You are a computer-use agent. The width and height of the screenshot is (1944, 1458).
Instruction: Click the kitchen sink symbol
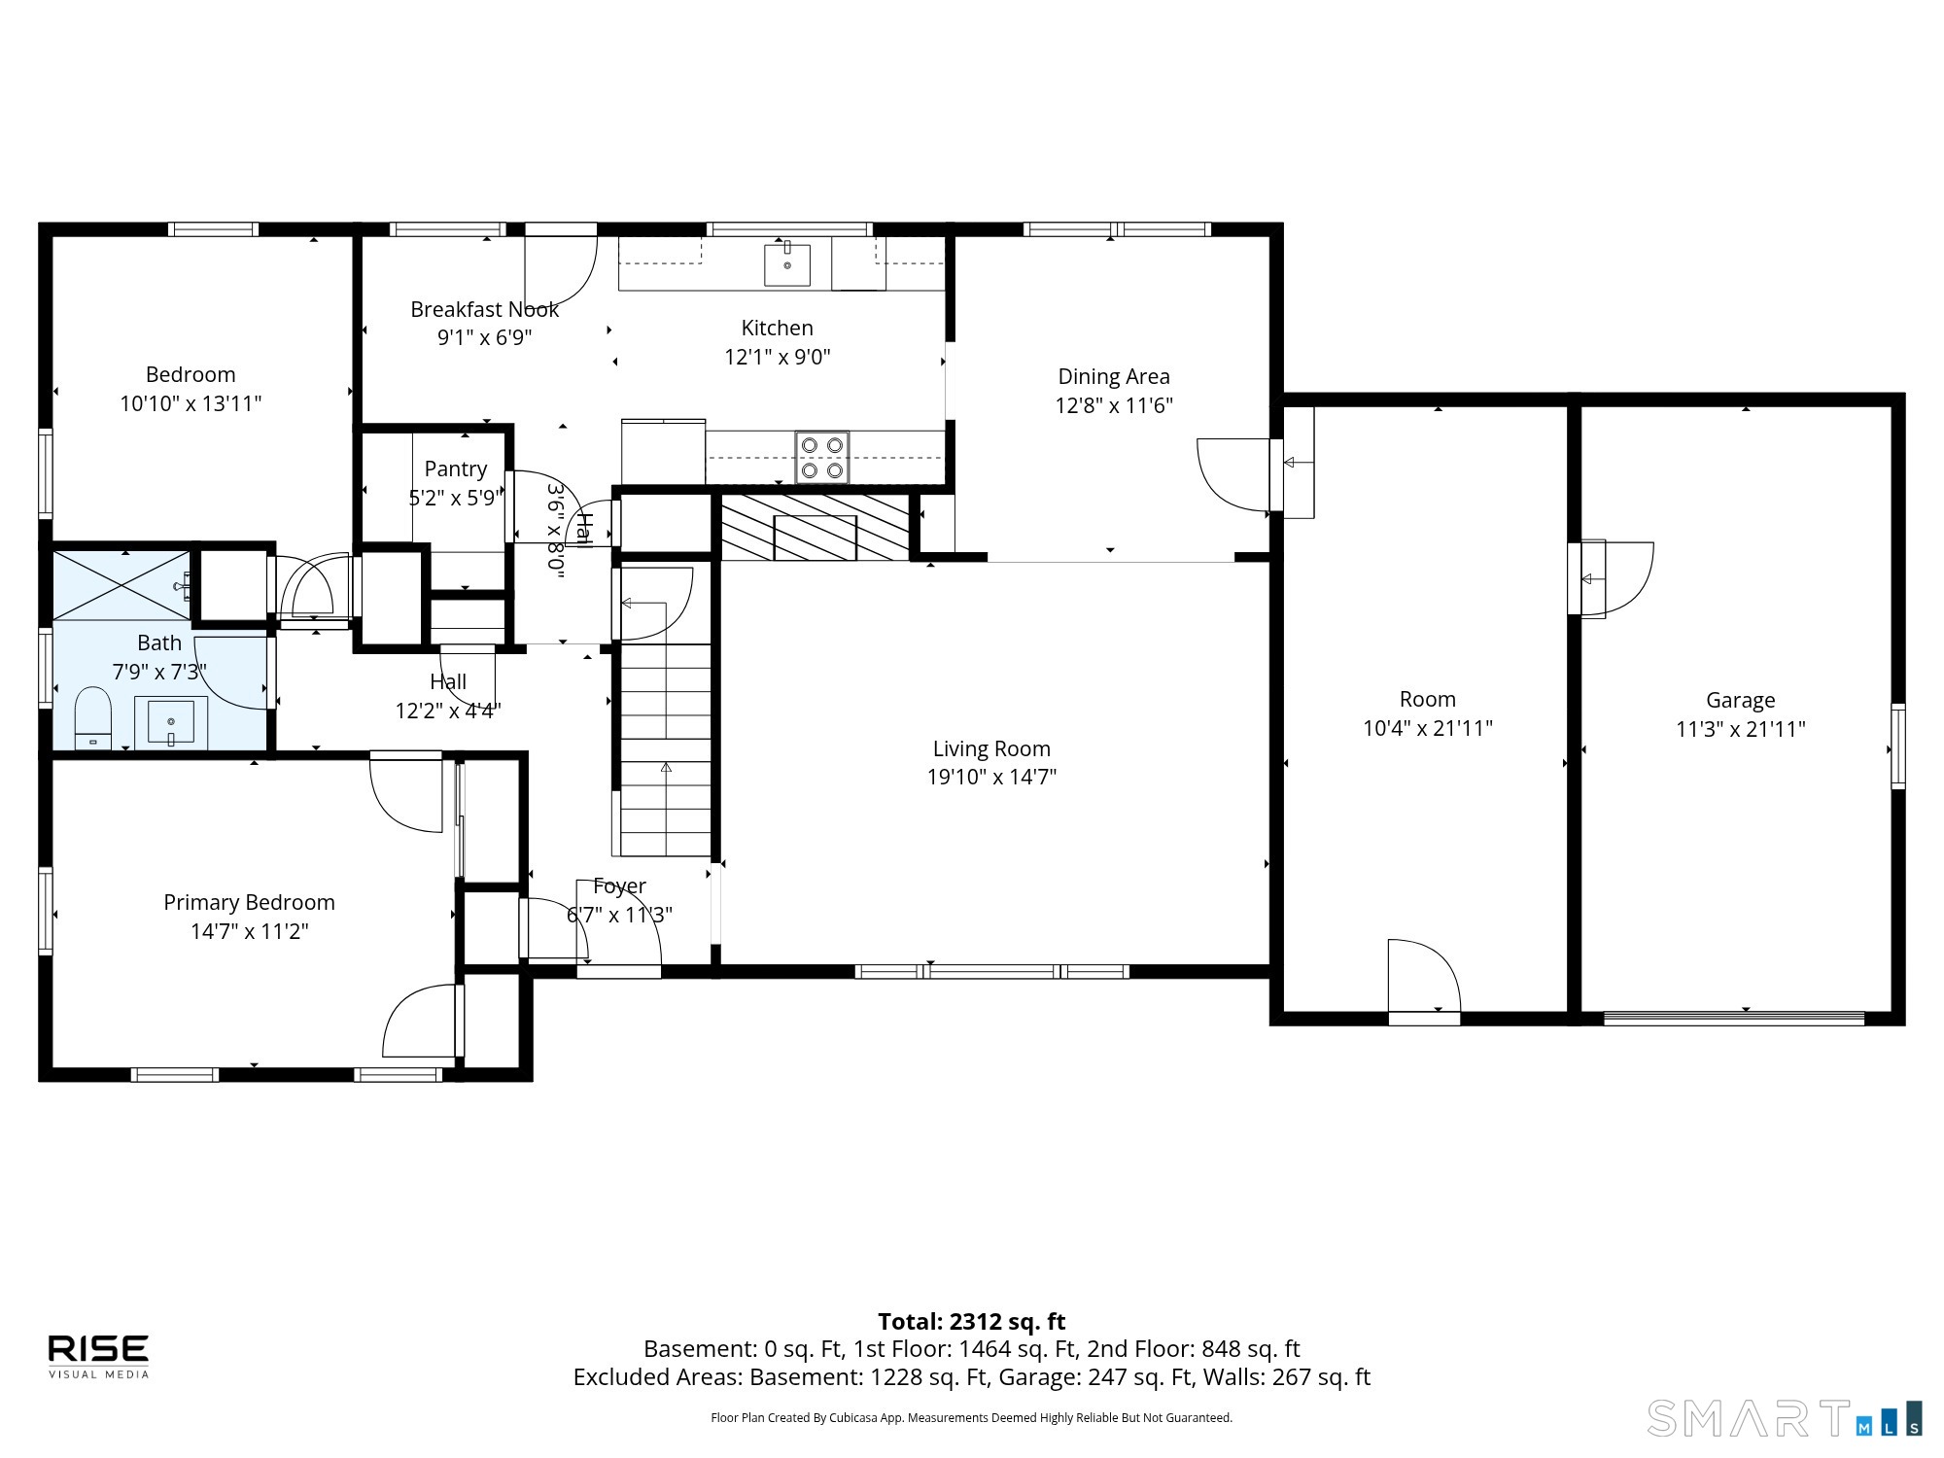[x=787, y=264]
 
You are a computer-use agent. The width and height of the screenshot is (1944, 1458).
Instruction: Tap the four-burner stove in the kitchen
[x=821, y=457]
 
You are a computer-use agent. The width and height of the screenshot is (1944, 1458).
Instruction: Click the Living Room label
[x=991, y=748]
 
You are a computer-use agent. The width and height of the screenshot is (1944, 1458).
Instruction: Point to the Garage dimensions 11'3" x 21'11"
[x=1740, y=729]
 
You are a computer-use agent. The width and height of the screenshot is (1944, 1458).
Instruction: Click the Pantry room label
[x=455, y=469]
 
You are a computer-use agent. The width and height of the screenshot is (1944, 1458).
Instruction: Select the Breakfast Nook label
[x=484, y=309]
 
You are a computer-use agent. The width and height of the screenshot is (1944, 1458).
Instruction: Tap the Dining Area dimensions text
[x=1114, y=405]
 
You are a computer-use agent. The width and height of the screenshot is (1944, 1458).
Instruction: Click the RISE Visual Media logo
[x=99, y=1356]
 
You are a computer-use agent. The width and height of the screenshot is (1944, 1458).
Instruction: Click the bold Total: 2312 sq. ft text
[x=972, y=1322]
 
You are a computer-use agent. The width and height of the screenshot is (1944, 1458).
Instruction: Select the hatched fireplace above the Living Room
[x=815, y=527]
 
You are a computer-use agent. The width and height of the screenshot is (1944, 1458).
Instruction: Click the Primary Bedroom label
[x=249, y=902]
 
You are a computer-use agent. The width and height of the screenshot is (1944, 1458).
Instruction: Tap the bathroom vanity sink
[x=171, y=721]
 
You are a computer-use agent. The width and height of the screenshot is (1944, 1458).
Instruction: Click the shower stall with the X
[x=122, y=584]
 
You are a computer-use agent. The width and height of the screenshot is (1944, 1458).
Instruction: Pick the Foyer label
[x=619, y=886]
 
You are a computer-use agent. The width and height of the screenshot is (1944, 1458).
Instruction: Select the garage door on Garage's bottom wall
[x=1734, y=1019]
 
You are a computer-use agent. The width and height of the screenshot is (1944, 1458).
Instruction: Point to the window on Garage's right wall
[x=1897, y=746]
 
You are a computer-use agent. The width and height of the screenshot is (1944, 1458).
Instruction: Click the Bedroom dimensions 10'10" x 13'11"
[x=191, y=403]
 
